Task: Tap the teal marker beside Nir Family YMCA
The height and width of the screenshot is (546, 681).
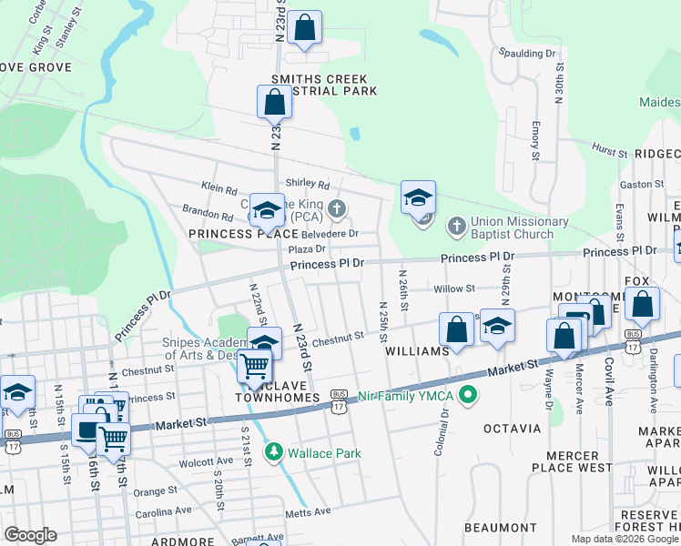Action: tap(468, 394)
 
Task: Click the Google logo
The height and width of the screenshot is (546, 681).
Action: tap(30, 535)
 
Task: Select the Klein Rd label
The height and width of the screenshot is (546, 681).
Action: tap(219, 187)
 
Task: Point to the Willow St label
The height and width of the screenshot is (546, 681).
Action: tap(454, 288)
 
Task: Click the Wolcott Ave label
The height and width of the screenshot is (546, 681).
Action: tap(208, 460)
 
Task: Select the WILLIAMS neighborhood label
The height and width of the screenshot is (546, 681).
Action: tap(417, 350)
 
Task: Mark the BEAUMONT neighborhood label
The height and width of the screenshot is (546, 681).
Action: tap(500, 528)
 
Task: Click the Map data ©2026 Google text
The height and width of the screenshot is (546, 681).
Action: tap(624, 539)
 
